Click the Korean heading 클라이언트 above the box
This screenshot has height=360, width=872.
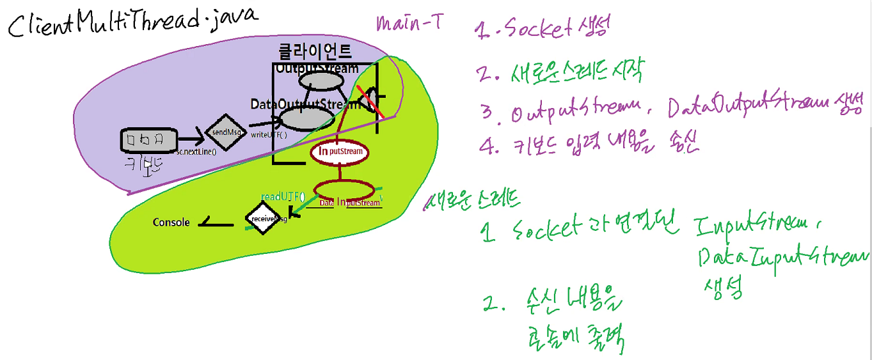[x=315, y=52]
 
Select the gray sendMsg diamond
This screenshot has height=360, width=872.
[x=225, y=132]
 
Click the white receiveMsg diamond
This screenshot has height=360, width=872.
[x=262, y=219]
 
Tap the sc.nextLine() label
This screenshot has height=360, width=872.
[x=196, y=152]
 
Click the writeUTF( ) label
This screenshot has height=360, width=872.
[x=269, y=135]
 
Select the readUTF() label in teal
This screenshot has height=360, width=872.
[x=283, y=196]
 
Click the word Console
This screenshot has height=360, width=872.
[x=171, y=223]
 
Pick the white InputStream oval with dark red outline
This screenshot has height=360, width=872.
[x=340, y=152]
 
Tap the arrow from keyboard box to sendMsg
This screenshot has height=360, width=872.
[x=189, y=138]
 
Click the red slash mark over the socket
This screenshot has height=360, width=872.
[x=371, y=102]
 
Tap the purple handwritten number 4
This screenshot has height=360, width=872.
[x=489, y=146]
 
